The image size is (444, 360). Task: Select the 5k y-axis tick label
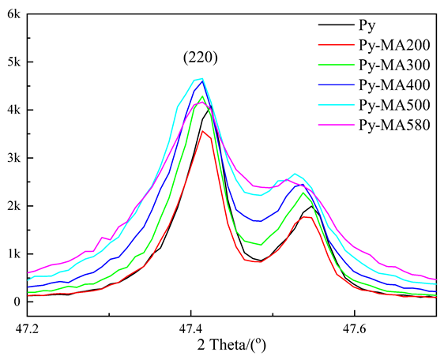pyautogui.click(x=14, y=62)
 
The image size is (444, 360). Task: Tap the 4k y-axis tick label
pyautogui.click(x=14, y=110)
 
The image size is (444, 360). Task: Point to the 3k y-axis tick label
pyautogui.click(x=14, y=158)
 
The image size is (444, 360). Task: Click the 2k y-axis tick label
pyautogui.click(x=14, y=206)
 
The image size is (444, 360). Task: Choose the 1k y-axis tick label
pyautogui.click(x=14, y=253)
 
